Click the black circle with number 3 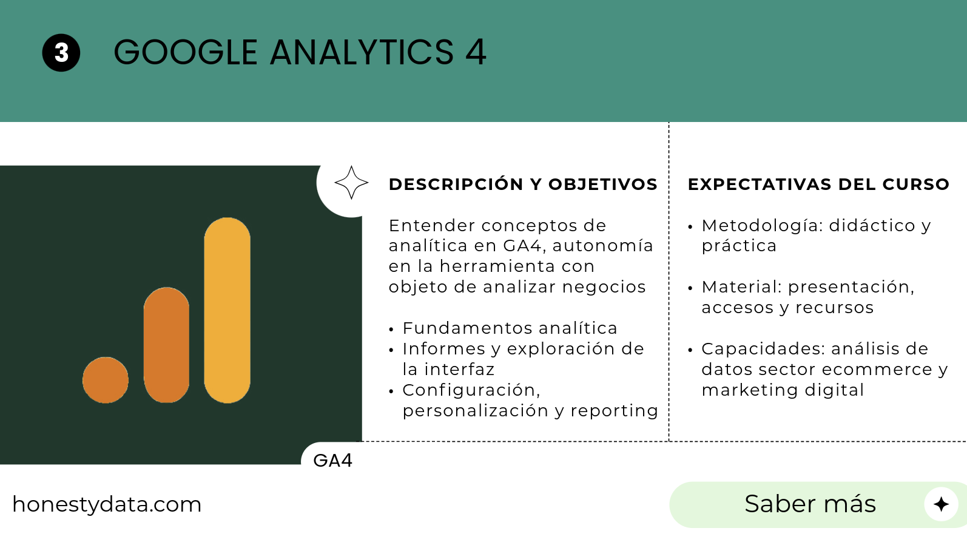(61, 53)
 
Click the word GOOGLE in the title (186, 52)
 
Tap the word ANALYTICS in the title (362, 52)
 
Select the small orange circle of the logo (106, 380)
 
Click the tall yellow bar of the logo (227, 310)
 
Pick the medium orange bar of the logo (166, 345)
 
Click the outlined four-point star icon (351, 183)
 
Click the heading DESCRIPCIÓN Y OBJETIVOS (523, 184)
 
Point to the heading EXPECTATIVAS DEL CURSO (818, 184)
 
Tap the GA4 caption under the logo (333, 461)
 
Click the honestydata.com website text (107, 504)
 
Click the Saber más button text (810, 504)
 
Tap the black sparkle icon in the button (941, 504)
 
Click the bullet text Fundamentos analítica (510, 328)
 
